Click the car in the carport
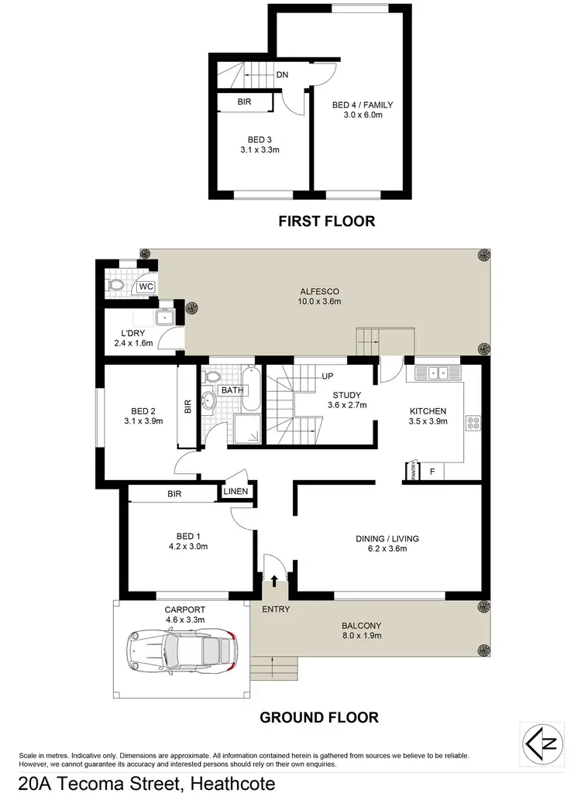(181, 645)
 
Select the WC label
(145, 287)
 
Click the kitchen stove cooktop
(473, 423)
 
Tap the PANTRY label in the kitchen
(414, 472)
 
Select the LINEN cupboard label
(235, 492)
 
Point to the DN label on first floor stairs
(283, 75)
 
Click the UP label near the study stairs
(328, 376)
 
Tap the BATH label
(232, 390)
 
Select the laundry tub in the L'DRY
(164, 318)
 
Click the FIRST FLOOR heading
(326, 221)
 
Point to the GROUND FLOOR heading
(318, 717)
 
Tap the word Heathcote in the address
(229, 784)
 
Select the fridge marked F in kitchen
(432, 471)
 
